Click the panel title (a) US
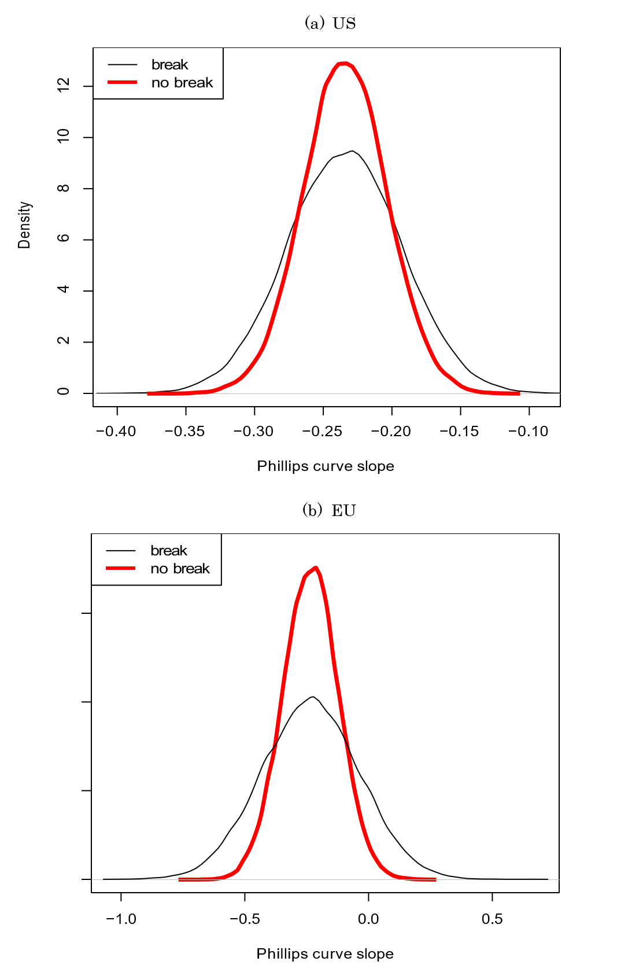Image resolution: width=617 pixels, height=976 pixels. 330,23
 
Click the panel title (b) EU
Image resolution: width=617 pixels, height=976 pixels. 329,510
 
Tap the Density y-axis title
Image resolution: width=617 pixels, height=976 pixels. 24,225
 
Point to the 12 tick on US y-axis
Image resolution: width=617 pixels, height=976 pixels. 64,86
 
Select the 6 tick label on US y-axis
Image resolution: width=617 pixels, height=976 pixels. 64,239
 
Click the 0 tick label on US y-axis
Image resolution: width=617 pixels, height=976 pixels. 64,392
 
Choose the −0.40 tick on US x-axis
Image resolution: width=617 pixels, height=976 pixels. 117,431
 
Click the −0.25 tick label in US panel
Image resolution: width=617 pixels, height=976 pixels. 323,431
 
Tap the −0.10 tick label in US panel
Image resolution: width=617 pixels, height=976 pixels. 529,431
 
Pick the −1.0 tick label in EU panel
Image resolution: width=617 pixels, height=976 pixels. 121,919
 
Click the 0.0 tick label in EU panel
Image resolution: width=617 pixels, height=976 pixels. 368,919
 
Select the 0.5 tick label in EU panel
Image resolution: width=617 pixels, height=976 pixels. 492,919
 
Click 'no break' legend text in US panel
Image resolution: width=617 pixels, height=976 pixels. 182,83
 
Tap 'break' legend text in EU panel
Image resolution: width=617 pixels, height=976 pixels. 169,550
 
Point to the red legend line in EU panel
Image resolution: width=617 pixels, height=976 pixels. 121,568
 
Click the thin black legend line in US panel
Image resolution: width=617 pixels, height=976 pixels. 123,64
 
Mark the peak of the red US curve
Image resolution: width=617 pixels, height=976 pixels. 345,63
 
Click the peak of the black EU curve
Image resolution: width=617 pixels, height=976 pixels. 312,697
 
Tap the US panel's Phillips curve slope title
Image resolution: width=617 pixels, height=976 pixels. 326,466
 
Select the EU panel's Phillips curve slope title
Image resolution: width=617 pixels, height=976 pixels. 325,954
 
